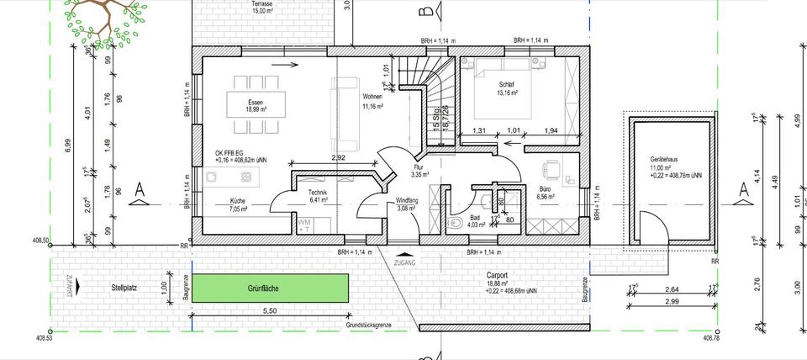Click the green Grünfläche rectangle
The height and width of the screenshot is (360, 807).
point(269,289)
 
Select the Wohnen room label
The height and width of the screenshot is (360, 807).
point(372,97)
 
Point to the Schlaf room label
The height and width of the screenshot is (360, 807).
point(507,84)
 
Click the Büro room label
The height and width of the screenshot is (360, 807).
point(545,189)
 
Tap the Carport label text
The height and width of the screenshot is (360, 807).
point(498,275)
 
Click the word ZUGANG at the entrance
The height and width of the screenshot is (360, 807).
point(405,262)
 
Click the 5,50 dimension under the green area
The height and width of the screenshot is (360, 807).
point(269,310)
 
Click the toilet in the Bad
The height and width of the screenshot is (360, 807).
point(455,224)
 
